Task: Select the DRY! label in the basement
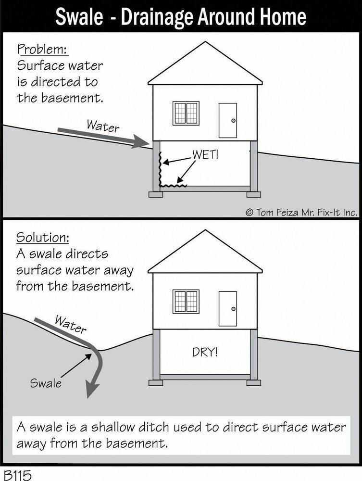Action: [205, 352]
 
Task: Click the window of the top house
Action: [186, 114]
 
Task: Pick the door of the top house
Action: [228, 120]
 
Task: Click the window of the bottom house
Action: [186, 302]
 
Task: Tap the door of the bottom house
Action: [228, 308]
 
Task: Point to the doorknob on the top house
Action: [233, 121]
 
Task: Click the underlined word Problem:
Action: [42, 50]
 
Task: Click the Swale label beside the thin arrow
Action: [46, 383]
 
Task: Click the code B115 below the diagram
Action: [17, 474]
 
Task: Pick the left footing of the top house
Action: [156, 194]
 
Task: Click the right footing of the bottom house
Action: [253, 382]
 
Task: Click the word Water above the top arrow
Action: [103, 127]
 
